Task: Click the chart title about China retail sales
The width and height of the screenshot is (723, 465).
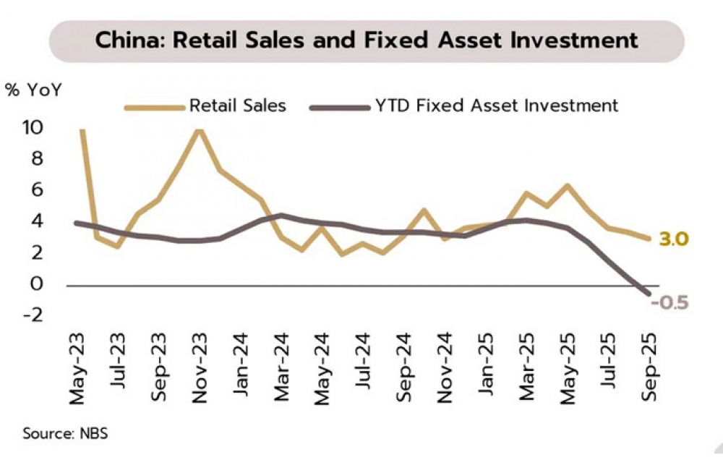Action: click(367, 40)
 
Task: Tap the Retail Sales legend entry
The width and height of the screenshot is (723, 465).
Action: click(237, 106)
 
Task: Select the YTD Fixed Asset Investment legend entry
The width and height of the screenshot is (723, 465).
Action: click(497, 106)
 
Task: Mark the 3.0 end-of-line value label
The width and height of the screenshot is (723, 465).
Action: click(673, 239)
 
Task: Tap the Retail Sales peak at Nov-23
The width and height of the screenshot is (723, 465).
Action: click(200, 129)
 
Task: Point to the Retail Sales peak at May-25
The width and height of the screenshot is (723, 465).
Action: click(568, 186)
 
